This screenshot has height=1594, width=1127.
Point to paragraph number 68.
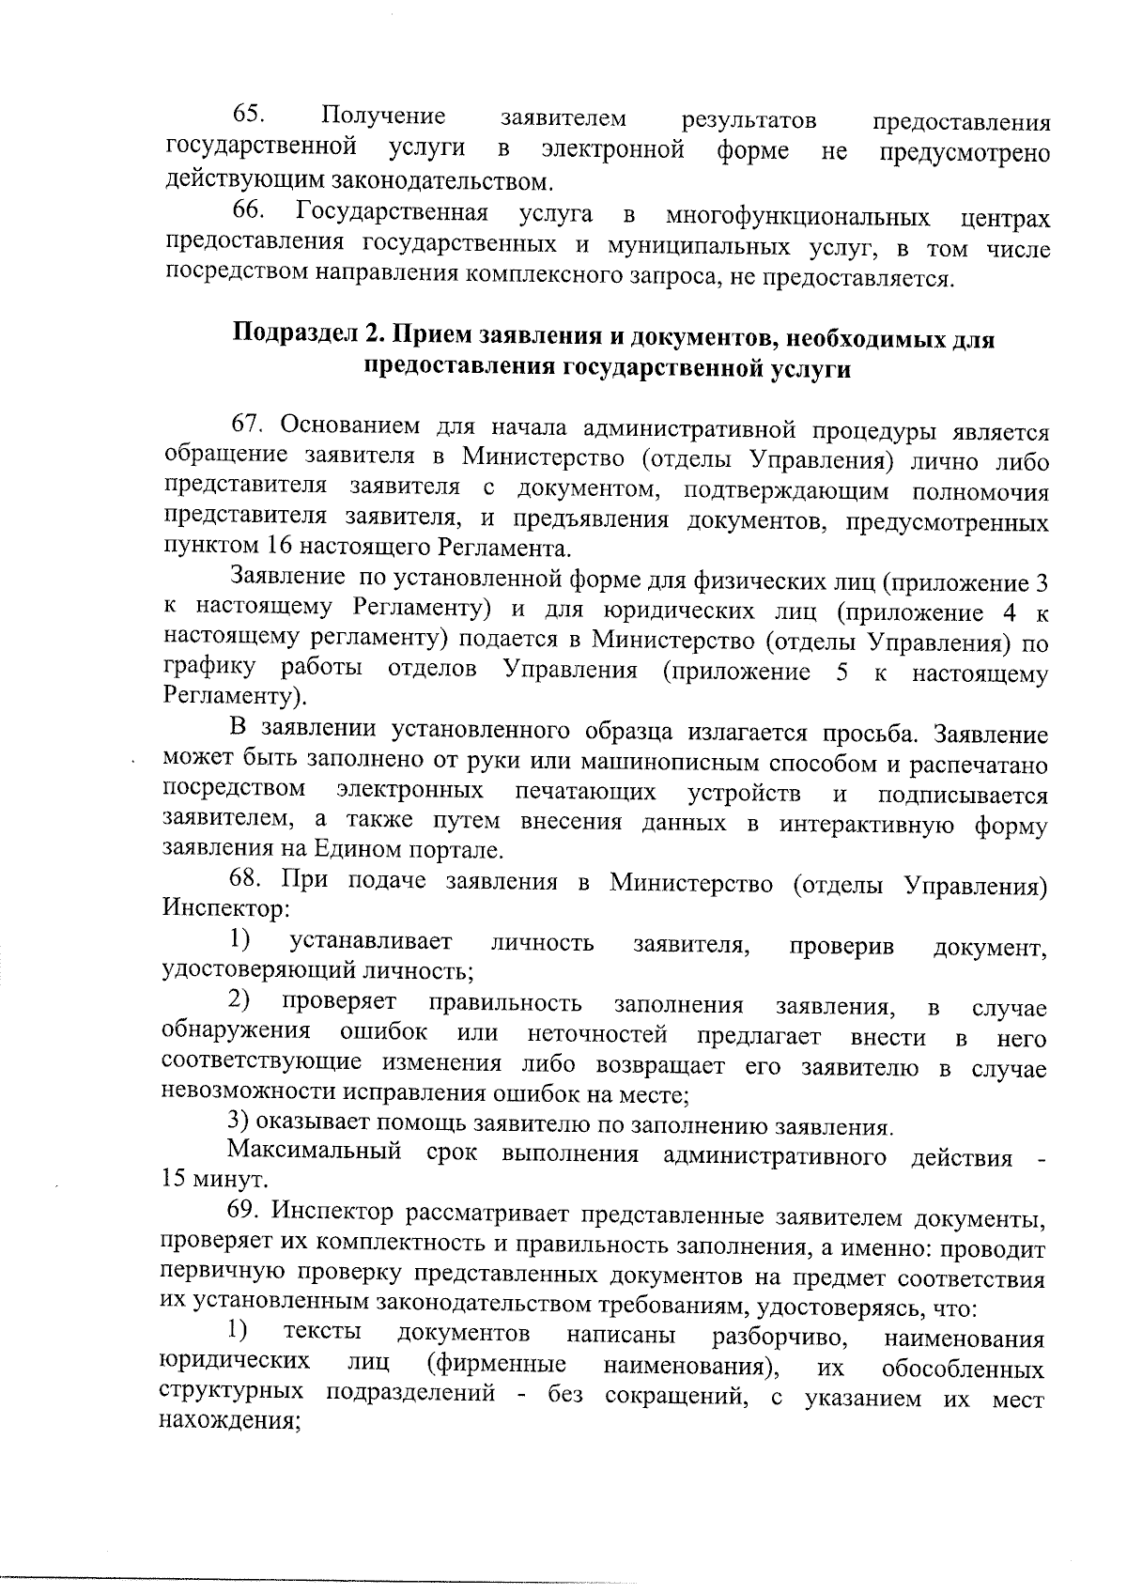tap(248, 881)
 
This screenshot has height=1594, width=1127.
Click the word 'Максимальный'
tap(314, 1152)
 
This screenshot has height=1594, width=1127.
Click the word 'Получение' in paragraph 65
tap(382, 116)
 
